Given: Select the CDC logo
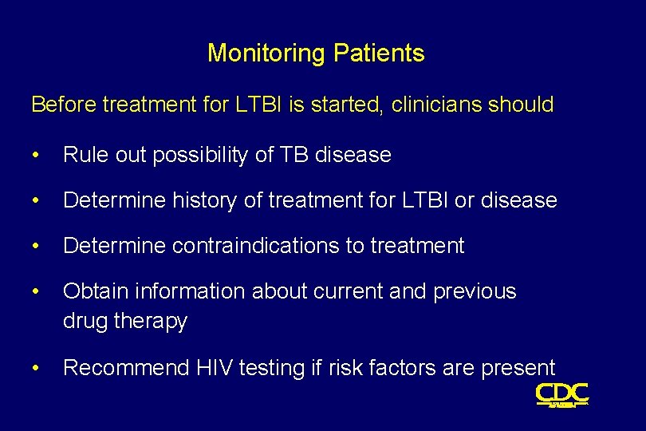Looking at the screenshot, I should (561, 393).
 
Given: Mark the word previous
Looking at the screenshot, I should (475, 292).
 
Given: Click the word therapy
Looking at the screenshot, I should (151, 322).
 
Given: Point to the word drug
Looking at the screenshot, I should (85, 322).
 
